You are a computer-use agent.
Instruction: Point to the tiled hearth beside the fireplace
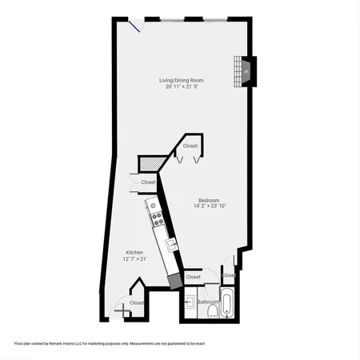[237, 71]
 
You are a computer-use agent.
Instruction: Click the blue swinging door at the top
[139, 26]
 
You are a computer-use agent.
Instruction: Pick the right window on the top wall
[214, 18]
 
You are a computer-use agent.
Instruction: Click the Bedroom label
[210, 199]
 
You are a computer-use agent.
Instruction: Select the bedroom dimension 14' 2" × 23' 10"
[210, 206]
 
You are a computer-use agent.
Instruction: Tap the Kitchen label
[134, 252]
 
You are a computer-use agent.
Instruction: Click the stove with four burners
[155, 215]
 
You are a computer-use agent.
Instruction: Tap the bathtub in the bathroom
[226, 304]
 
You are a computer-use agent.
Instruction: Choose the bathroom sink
[190, 302]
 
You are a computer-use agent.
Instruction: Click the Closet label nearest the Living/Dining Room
[190, 146]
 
